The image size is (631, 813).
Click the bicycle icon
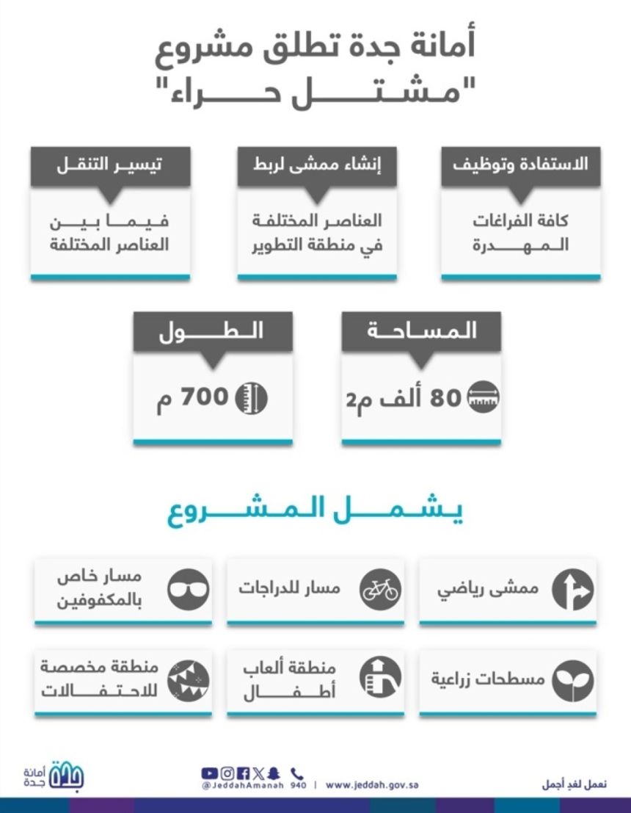381,590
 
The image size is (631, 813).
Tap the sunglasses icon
189,590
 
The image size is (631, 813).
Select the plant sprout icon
573,680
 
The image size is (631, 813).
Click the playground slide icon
381,677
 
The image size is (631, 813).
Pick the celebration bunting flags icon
189,680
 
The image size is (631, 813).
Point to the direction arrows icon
573,590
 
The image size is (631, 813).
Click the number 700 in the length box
206,399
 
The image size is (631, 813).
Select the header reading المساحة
421,331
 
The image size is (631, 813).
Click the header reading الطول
212,331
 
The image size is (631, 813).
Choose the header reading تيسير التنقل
110,165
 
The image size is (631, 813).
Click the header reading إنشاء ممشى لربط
317,165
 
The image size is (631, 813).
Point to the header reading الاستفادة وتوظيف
520,165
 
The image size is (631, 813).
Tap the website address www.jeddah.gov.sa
372,785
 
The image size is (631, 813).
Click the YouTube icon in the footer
209,773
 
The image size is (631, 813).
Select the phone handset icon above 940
296,773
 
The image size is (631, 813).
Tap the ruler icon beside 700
251,399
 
